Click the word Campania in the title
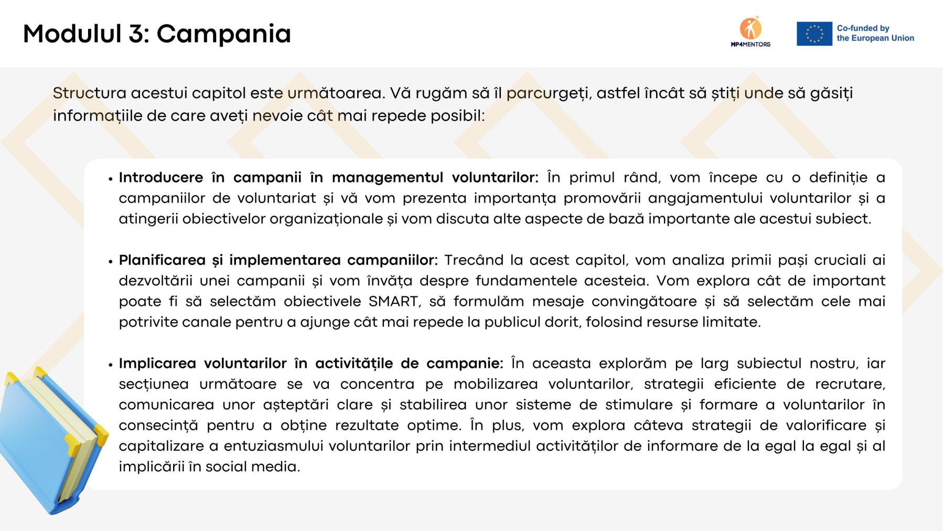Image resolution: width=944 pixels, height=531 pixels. point(223,34)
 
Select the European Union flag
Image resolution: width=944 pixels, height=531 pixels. point(814,34)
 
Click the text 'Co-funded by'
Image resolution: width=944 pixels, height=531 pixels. point(863,28)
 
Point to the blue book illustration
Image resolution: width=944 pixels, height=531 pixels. point(50,441)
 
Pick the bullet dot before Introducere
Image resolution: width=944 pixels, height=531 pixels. point(111,179)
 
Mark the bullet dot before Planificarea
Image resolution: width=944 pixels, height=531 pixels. point(111,261)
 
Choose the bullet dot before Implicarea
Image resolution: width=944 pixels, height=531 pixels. point(111,365)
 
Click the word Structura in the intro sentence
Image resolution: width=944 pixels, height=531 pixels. point(90,93)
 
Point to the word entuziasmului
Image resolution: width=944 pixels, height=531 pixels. point(272,446)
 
